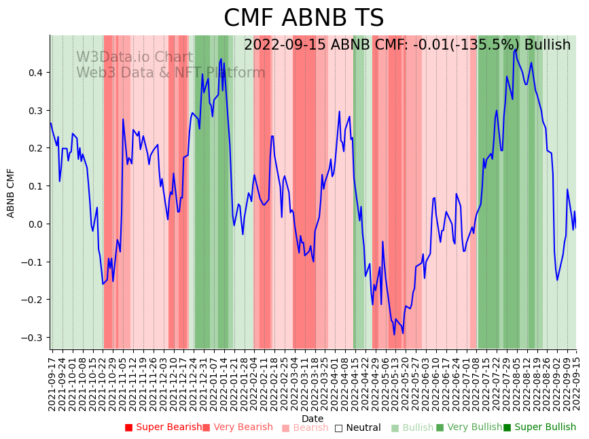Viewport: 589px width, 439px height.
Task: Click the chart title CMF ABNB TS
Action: coord(304,18)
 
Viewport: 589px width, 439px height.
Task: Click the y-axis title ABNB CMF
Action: coord(11,193)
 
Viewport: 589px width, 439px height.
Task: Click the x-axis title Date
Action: coord(313,419)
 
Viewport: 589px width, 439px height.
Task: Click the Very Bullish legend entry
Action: coord(469,427)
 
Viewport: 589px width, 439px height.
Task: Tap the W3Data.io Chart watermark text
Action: coord(134,57)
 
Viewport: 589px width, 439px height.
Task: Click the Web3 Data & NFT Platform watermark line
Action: coord(171,73)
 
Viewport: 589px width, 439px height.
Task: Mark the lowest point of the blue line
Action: coord(394,334)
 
